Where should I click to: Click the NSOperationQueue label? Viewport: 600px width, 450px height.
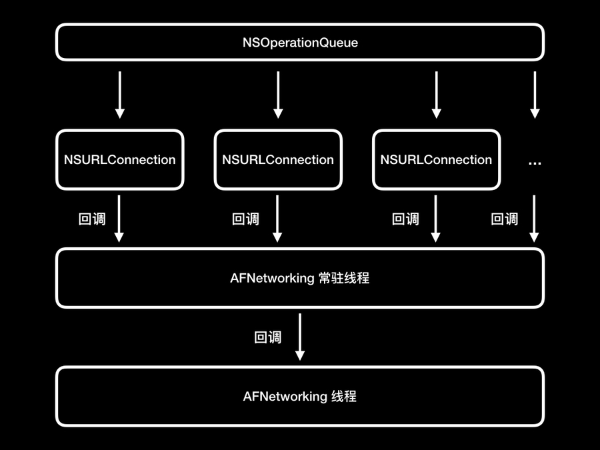(300, 43)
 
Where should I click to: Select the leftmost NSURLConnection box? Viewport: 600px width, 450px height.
(120, 160)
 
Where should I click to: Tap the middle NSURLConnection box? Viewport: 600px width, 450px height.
(278, 160)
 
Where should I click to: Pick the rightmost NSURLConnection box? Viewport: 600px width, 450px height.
(436, 160)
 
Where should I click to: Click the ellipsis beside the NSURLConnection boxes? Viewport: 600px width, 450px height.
(535, 162)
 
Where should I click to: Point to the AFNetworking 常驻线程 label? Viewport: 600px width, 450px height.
(300, 278)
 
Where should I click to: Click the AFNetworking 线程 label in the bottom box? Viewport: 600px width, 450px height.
(300, 397)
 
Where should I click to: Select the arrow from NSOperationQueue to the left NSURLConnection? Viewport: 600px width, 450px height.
(120, 95)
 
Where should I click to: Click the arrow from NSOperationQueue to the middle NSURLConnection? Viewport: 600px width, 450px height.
(278, 95)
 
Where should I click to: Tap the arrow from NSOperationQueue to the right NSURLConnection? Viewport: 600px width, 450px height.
(436, 95)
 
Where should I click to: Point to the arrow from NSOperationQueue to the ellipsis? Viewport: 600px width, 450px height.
(535, 95)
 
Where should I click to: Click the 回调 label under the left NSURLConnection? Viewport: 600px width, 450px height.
(92, 219)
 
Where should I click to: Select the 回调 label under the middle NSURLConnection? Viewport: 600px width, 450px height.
(245, 219)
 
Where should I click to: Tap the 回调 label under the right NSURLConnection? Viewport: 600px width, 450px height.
(405, 219)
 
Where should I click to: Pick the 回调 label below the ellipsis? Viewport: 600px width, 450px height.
(504, 219)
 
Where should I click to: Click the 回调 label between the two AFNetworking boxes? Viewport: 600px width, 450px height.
(268, 337)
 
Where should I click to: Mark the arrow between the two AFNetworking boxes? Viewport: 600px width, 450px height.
(300, 337)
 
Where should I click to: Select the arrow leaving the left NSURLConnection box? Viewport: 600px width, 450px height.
(120, 218)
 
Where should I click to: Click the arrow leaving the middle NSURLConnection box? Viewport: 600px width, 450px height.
(278, 218)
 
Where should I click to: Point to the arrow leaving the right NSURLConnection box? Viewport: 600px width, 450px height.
(436, 218)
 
